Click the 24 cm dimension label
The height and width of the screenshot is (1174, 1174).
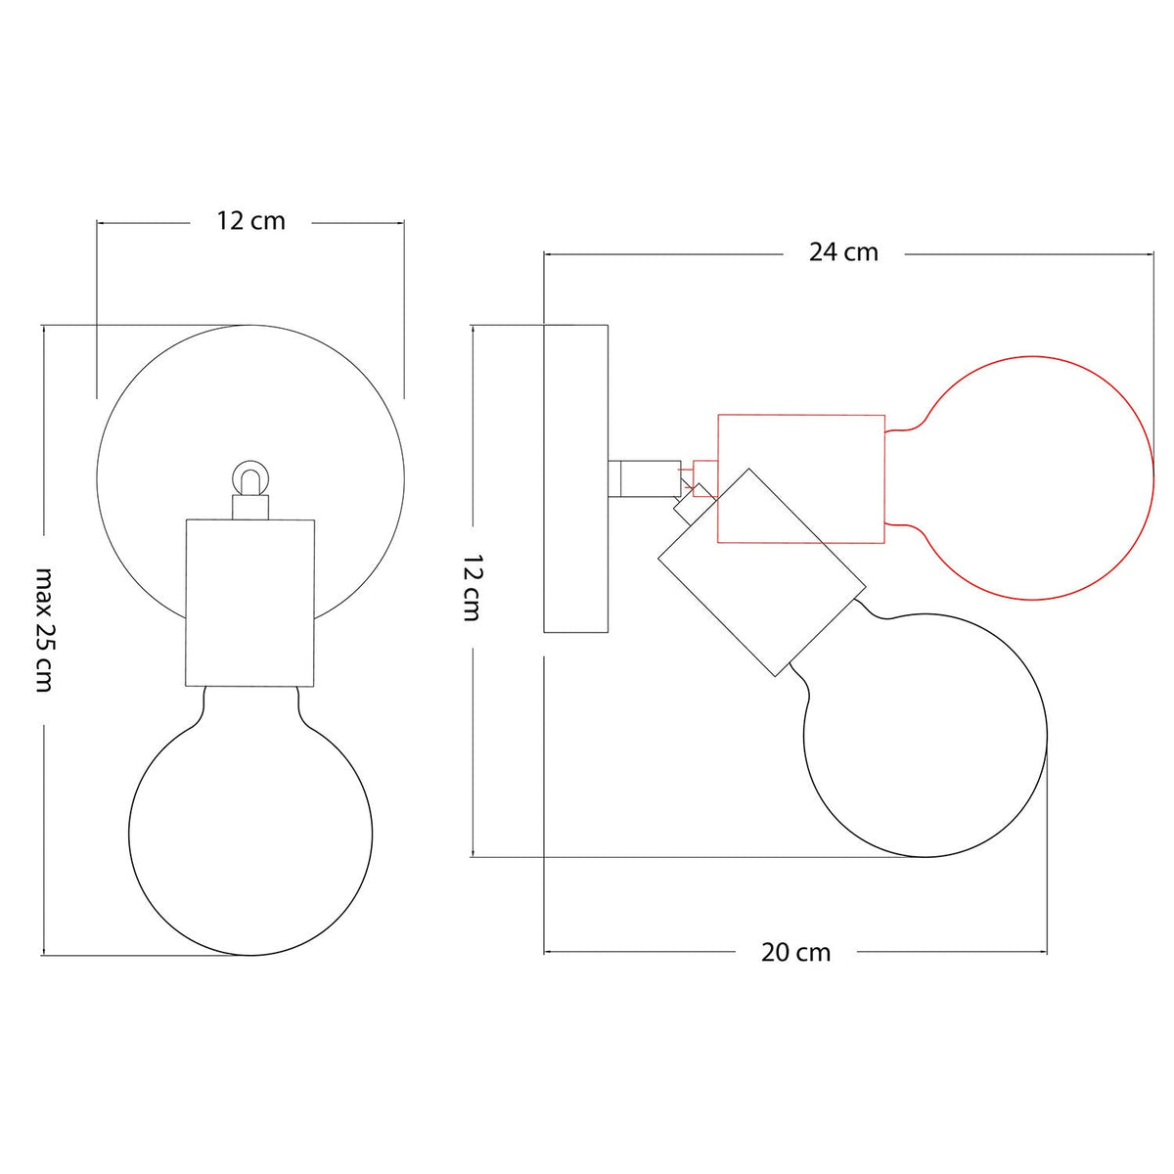pos(843,252)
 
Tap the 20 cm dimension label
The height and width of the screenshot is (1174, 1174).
pos(795,952)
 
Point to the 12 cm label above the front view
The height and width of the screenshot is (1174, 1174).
pos(251,221)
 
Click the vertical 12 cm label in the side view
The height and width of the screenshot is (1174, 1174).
pos(473,588)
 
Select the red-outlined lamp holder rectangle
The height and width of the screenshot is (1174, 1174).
pos(801,478)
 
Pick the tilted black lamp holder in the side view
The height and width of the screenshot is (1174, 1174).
pos(761,571)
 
